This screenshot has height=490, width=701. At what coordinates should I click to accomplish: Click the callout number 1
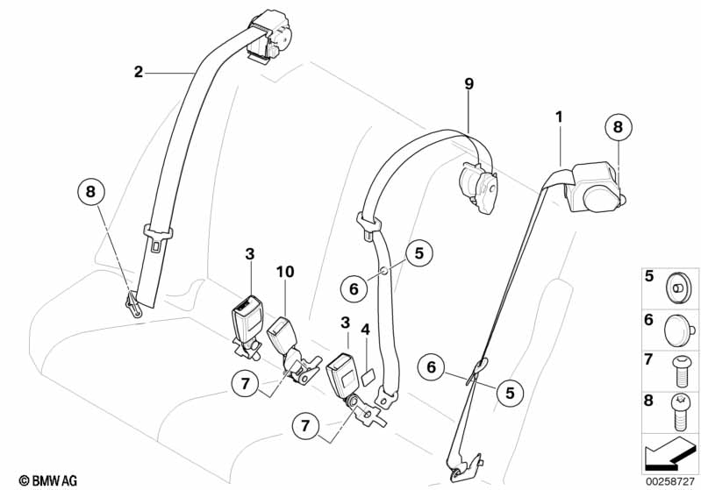point(558,116)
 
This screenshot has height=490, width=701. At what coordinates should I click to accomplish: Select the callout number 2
point(138,72)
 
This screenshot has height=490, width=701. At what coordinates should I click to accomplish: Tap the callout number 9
point(469,84)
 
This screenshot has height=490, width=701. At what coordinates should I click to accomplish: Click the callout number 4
point(366,330)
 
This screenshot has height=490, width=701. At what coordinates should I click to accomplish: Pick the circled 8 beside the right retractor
point(618,127)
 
